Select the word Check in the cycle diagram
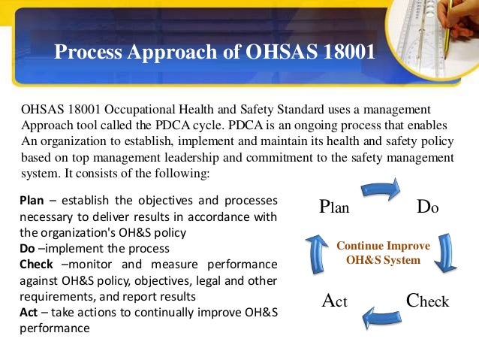coord(427,301)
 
